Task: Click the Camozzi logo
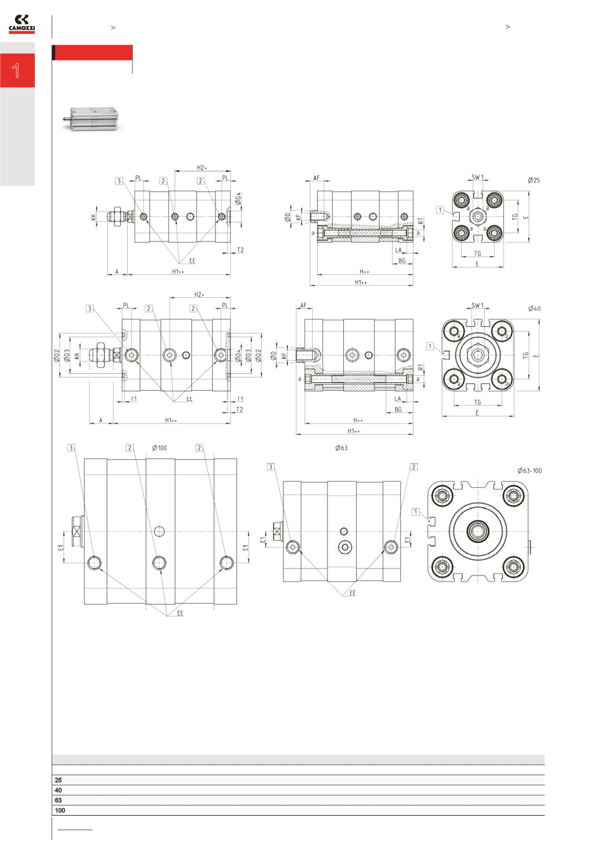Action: point(21,24)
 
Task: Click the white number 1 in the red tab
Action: point(16,71)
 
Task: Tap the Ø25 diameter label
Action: point(534,180)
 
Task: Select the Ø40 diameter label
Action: point(534,308)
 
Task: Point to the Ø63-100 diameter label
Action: point(530,470)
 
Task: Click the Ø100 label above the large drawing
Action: point(159,448)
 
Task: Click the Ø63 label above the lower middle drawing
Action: point(341,448)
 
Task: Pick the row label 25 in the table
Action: point(58,780)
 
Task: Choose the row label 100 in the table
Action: point(60,810)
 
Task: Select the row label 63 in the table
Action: point(58,800)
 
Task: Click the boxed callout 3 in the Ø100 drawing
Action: point(71,448)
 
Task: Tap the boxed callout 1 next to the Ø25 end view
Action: point(440,210)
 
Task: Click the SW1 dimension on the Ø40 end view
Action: point(478,305)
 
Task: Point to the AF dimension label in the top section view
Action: point(316,178)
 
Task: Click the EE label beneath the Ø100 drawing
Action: point(180,613)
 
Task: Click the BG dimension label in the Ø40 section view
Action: point(398,410)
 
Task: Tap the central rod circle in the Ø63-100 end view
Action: point(478,531)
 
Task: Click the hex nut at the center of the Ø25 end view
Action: point(477,216)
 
